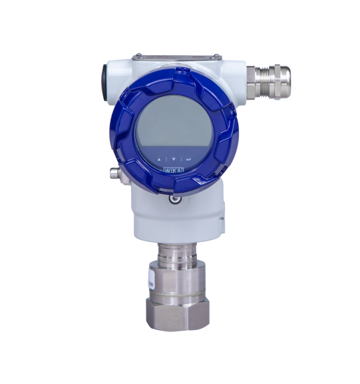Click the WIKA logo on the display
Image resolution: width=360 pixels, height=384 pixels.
pos(174,170)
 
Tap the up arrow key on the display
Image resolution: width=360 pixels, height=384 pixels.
pos(159,160)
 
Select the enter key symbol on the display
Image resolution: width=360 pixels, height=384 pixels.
pos(188,160)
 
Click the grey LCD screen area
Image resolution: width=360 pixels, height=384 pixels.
pos(174,122)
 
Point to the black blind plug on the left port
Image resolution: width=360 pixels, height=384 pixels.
pos(105,83)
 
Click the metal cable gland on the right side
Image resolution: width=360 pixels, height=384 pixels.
pos(268,82)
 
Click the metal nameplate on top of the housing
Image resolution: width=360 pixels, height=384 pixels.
pos(177,59)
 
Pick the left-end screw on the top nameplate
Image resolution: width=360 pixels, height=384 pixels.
pos(138,55)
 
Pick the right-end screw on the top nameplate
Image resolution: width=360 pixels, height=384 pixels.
pos(216,56)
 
